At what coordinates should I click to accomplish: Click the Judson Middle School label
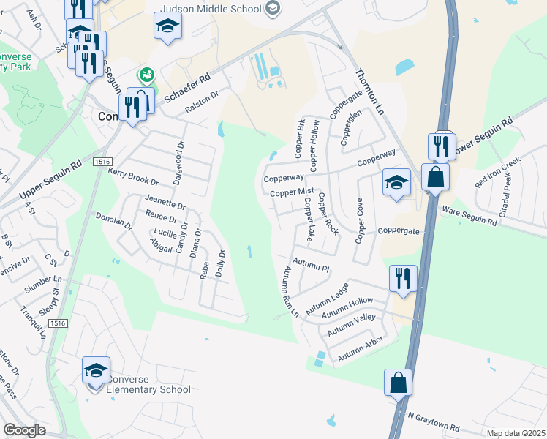pyautogui.click(x=210, y=9)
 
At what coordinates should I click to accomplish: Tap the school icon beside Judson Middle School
pyautogui.click(x=273, y=9)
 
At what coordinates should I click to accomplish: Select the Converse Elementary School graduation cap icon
pyautogui.click(x=96, y=371)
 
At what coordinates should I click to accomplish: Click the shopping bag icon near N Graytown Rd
pyautogui.click(x=398, y=383)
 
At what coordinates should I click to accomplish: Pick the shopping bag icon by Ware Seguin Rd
pyautogui.click(x=435, y=177)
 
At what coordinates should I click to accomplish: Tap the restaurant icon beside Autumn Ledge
pyautogui.click(x=403, y=278)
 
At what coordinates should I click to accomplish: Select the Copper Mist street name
pyautogui.click(x=291, y=192)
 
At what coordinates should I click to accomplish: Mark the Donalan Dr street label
pyautogui.click(x=113, y=222)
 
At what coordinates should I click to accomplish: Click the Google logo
pyautogui.click(x=24, y=430)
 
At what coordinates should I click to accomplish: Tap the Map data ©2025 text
pyautogui.click(x=515, y=432)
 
